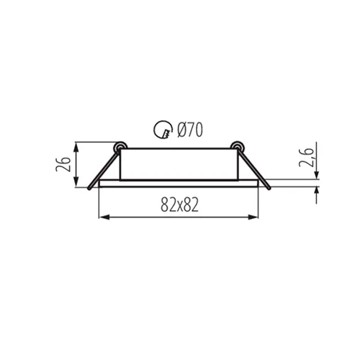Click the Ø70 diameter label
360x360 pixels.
pyautogui.click(x=189, y=130)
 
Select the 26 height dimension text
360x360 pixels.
pyautogui.click(x=63, y=165)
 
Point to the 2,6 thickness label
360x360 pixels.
pyautogui.click(x=305, y=157)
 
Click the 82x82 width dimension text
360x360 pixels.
pyautogui.click(x=179, y=205)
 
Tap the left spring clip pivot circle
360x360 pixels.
pyautogui.click(x=121, y=145)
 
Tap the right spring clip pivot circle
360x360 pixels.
pyautogui.click(x=235, y=145)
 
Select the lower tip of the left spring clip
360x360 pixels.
pyautogui.click(x=89, y=188)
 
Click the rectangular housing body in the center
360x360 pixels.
pyautogui.click(x=179, y=164)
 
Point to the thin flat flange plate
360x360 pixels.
pyautogui.click(x=179, y=184)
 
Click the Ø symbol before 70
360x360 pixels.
pyautogui.click(x=181, y=130)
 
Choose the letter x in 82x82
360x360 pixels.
pyautogui.click(x=179, y=206)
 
